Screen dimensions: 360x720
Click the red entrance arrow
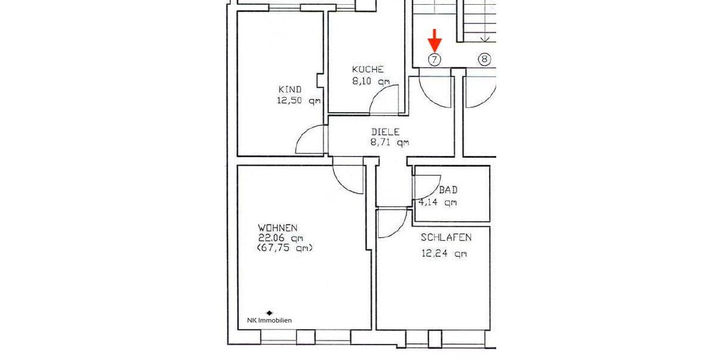tap(435, 41)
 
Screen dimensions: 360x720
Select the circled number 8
tap(485, 59)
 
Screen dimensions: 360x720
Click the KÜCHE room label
tap(368, 69)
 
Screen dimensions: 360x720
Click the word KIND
tap(290, 89)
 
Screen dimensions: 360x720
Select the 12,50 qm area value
tap(298, 101)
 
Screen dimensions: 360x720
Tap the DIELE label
tap(385, 132)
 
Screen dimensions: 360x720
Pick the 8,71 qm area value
tap(389, 143)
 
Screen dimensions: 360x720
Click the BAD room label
tap(448, 190)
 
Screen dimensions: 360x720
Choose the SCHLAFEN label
tap(446, 238)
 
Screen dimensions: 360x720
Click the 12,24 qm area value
tap(444, 253)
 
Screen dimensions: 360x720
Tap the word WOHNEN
tap(277, 228)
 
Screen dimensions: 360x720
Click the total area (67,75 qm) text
tap(284, 248)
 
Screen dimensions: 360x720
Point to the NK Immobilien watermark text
tap(269, 320)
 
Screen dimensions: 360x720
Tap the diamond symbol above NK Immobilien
tap(269, 313)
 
